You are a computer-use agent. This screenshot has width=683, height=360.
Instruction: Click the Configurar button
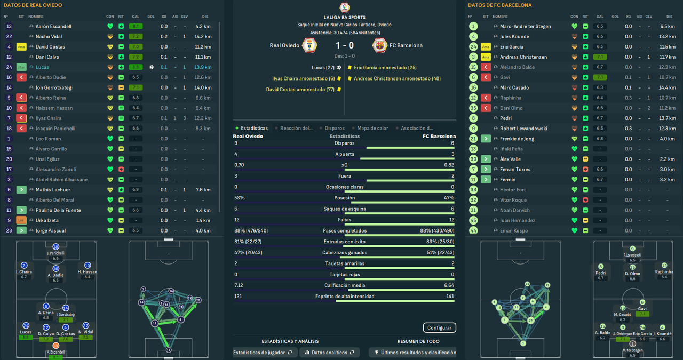pyautogui.click(x=439, y=327)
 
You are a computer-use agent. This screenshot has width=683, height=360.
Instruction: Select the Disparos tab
pyautogui.click(x=335, y=128)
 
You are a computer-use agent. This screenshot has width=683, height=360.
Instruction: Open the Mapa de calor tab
pyautogui.click(x=372, y=128)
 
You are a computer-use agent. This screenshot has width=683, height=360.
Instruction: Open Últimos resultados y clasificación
pyautogui.click(x=415, y=353)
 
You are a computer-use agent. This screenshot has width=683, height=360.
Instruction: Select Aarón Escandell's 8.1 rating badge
pyautogui.click(x=136, y=26)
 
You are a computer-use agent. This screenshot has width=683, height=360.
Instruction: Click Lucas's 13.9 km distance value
pyautogui.click(x=203, y=67)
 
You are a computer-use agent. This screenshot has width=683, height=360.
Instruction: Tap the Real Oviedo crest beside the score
pyautogui.click(x=309, y=45)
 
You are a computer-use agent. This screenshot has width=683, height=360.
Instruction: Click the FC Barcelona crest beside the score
pyautogui.click(x=379, y=45)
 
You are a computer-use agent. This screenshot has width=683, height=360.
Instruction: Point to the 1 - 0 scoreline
pyautogui.click(x=345, y=45)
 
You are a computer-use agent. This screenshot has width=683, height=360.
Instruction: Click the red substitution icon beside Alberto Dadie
pyautogui.click(x=21, y=77)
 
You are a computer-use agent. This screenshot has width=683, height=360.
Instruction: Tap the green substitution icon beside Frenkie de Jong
pyautogui.click(x=486, y=139)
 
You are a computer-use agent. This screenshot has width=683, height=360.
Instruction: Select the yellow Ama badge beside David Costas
pyautogui.click(x=21, y=47)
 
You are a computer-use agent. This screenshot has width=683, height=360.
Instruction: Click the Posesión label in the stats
pyautogui.click(x=344, y=198)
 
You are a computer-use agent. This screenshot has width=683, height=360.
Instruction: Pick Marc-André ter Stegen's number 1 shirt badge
pyautogui.click(x=473, y=26)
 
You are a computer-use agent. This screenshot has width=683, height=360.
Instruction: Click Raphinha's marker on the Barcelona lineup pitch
pyautogui.click(x=664, y=266)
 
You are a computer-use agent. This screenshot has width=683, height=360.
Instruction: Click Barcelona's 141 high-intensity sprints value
pyautogui.click(x=449, y=297)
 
